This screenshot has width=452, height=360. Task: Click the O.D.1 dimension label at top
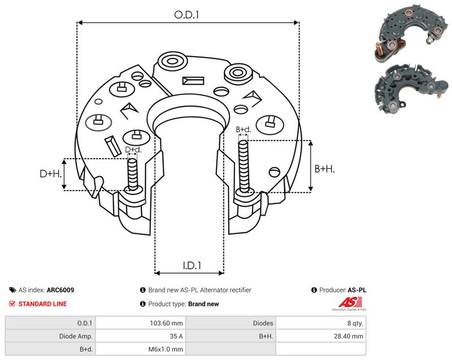pyautogui.click(x=186, y=15)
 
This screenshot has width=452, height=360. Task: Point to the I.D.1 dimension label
pyautogui.click(x=192, y=265)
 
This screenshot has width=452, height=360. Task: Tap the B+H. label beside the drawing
pyautogui.click(x=324, y=168)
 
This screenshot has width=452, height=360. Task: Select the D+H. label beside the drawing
pyautogui.click(x=51, y=174)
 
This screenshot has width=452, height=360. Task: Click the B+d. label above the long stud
pyautogui.click(x=244, y=129)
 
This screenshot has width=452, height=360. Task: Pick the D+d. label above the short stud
pyautogui.click(x=133, y=150)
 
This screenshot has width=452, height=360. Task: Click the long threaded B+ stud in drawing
pyautogui.click(x=244, y=167)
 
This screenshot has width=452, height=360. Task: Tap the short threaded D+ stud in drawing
pyautogui.click(x=133, y=174)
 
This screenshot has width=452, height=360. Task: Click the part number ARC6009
pyautogui.click(x=60, y=290)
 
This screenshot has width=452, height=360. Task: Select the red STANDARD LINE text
pyautogui.click(x=42, y=304)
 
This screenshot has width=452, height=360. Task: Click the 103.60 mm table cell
pyautogui.click(x=166, y=323)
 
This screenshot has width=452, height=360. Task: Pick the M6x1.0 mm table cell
pyautogui.click(x=166, y=349)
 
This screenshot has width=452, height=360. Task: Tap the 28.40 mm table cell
pyautogui.click(x=348, y=336)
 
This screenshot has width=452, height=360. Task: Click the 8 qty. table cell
pyautogui.click(x=355, y=323)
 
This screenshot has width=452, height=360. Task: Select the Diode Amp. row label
pyautogui.click(x=76, y=336)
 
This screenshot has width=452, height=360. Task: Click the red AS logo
pyautogui.click(x=350, y=302)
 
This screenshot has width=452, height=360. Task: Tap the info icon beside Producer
pyautogui.click(x=314, y=290)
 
